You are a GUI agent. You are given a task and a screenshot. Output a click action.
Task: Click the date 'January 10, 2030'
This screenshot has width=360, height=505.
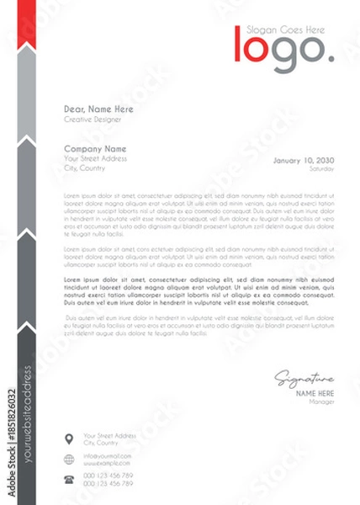click(304, 160)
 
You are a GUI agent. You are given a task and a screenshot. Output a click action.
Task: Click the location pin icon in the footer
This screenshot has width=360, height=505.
click(68, 438)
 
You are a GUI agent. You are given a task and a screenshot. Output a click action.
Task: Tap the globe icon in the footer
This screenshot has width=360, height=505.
click(68, 458)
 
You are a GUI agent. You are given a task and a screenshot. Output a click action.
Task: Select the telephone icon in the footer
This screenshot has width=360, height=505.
click(68, 479)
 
